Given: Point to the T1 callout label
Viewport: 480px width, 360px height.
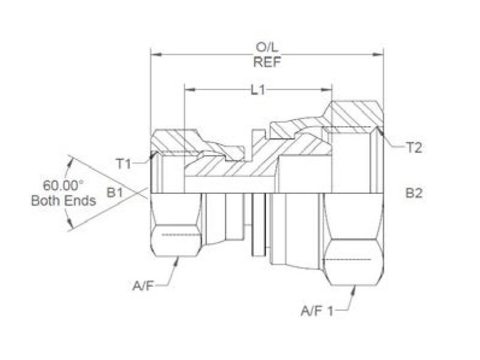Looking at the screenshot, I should point(124,162).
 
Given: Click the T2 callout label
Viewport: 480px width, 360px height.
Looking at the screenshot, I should point(414,147).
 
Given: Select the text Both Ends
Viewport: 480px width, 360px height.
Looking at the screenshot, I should point(63,200).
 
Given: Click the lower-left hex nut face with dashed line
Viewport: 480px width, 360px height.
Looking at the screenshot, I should point(175,235).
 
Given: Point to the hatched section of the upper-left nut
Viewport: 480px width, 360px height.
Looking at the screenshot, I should point(174,142).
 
